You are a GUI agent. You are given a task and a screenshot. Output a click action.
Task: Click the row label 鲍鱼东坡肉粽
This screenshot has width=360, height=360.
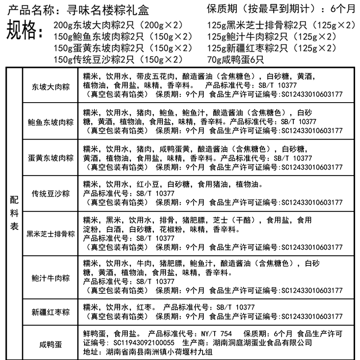tap(50, 122)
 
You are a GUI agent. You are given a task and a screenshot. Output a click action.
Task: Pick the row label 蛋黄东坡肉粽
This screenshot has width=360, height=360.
tap(50, 157)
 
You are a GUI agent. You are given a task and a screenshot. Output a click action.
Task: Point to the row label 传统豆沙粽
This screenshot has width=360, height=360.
tap(50, 193)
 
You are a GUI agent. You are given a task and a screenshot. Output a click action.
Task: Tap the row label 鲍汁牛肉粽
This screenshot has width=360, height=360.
tap(50, 277)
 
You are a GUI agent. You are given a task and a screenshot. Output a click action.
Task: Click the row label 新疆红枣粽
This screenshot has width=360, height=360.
tap(50, 312)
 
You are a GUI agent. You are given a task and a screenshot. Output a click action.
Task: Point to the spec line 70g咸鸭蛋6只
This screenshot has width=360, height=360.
tap(236, 59)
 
